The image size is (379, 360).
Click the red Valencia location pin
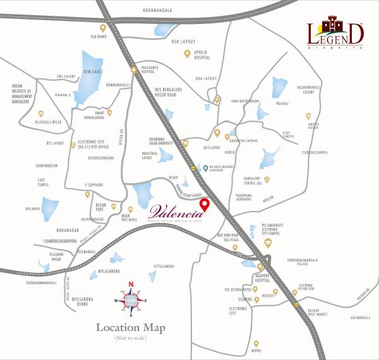point(204,206)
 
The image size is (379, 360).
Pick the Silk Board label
point(98,36)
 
